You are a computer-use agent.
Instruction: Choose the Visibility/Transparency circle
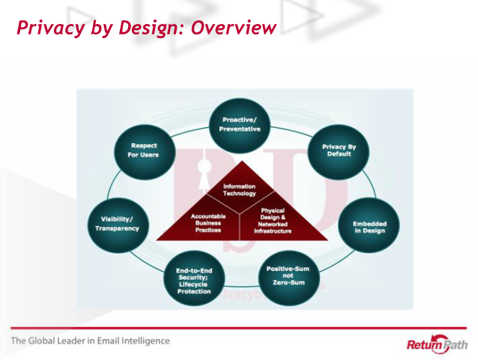click(x=116, y=223)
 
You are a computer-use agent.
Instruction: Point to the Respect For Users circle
click(x=144, y=150)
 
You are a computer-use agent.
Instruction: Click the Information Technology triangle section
click(x=240, y=189)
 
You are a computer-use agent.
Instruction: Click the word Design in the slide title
click(x=145, y=28)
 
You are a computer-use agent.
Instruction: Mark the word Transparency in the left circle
click(x=117, y=228)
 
